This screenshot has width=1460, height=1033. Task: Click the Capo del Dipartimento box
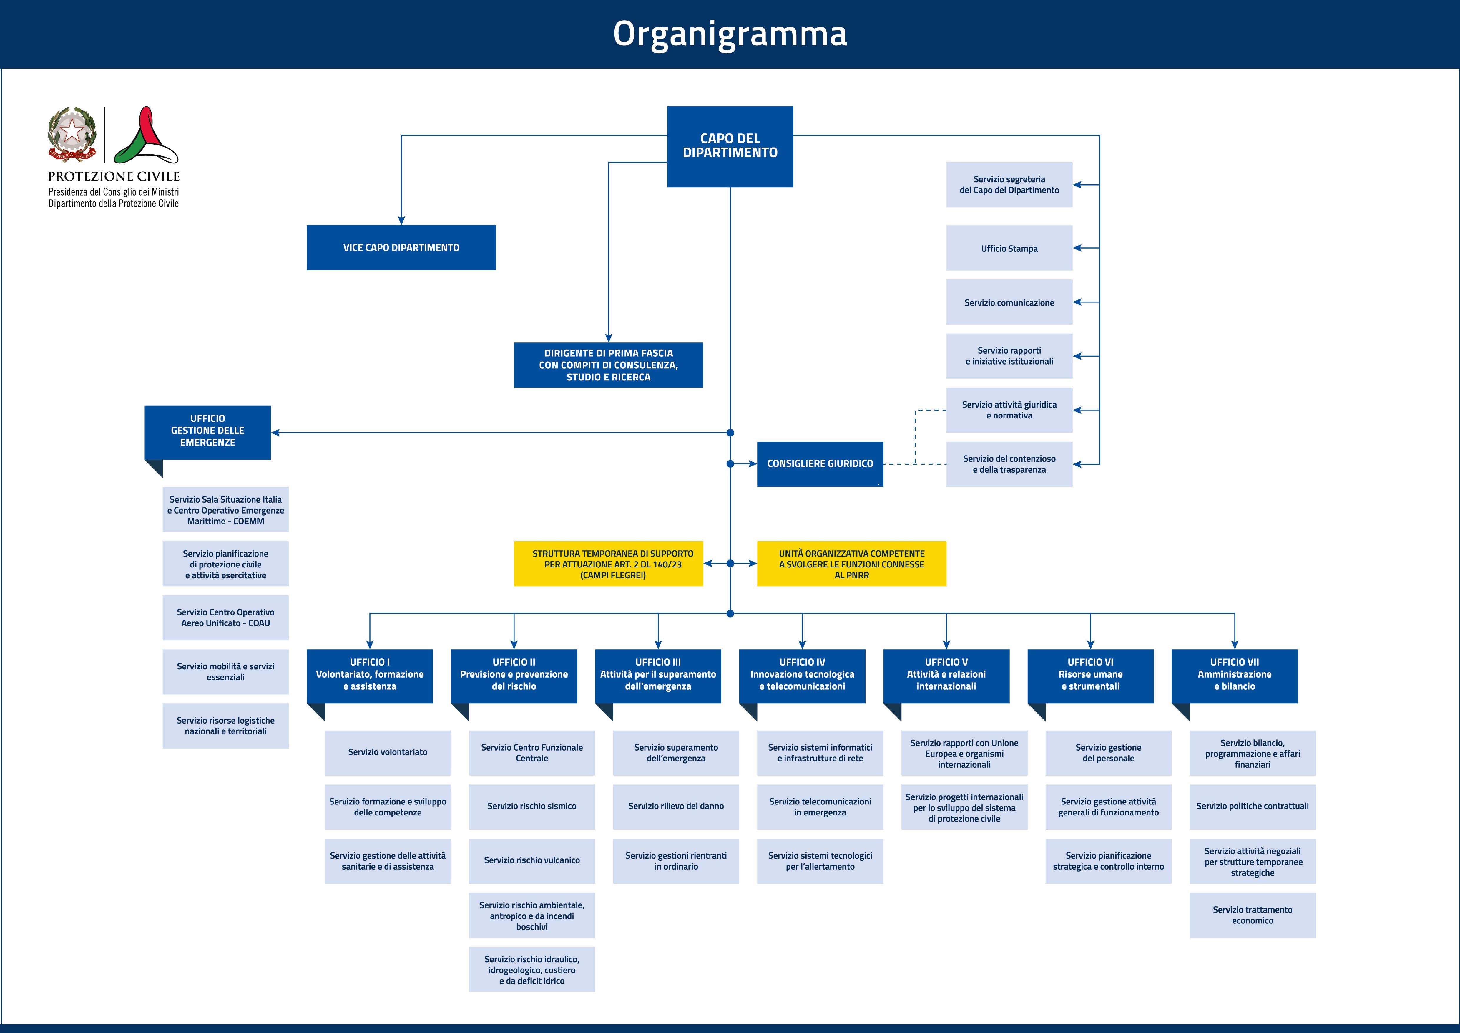click(730, 146)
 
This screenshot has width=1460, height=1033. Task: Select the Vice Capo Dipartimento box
click(401, 247)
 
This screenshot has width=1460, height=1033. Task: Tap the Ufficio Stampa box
click(1009, 248)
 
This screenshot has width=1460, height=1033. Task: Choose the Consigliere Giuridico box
click(820, 464)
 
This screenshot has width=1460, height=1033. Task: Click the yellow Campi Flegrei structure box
click(609, 564)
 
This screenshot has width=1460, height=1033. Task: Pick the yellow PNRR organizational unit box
click(851, 564)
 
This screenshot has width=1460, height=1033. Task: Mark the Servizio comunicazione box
click(1009, 302)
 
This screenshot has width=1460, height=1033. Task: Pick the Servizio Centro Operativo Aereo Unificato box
click(226, 618)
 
